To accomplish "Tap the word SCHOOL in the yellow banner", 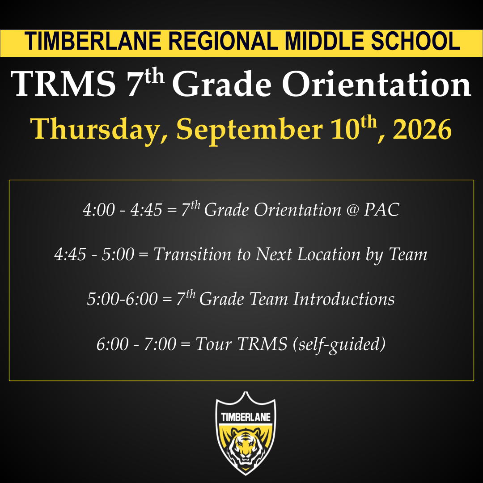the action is pos(415,41).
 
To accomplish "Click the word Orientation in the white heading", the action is pos(377,84).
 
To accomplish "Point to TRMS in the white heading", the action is pos(63,84).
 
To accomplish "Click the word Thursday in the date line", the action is pos(99,129).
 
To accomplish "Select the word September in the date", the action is pos(250,129).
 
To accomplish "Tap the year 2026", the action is pos(422,129).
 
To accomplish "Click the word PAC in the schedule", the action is pos(381,210).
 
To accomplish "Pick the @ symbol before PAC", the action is pos(353,210).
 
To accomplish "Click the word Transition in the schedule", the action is pos(192,254).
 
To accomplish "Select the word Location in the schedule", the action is pos(329,254).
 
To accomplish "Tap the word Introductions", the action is pos(344,299).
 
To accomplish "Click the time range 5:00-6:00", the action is pos(122,299).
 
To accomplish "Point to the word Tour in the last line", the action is pos(213,344).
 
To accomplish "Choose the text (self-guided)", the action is pos(339,344).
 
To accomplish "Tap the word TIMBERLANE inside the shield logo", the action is pos(246,417).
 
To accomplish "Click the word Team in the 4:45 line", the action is pos(408,254).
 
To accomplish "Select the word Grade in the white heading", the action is pos(222,84).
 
